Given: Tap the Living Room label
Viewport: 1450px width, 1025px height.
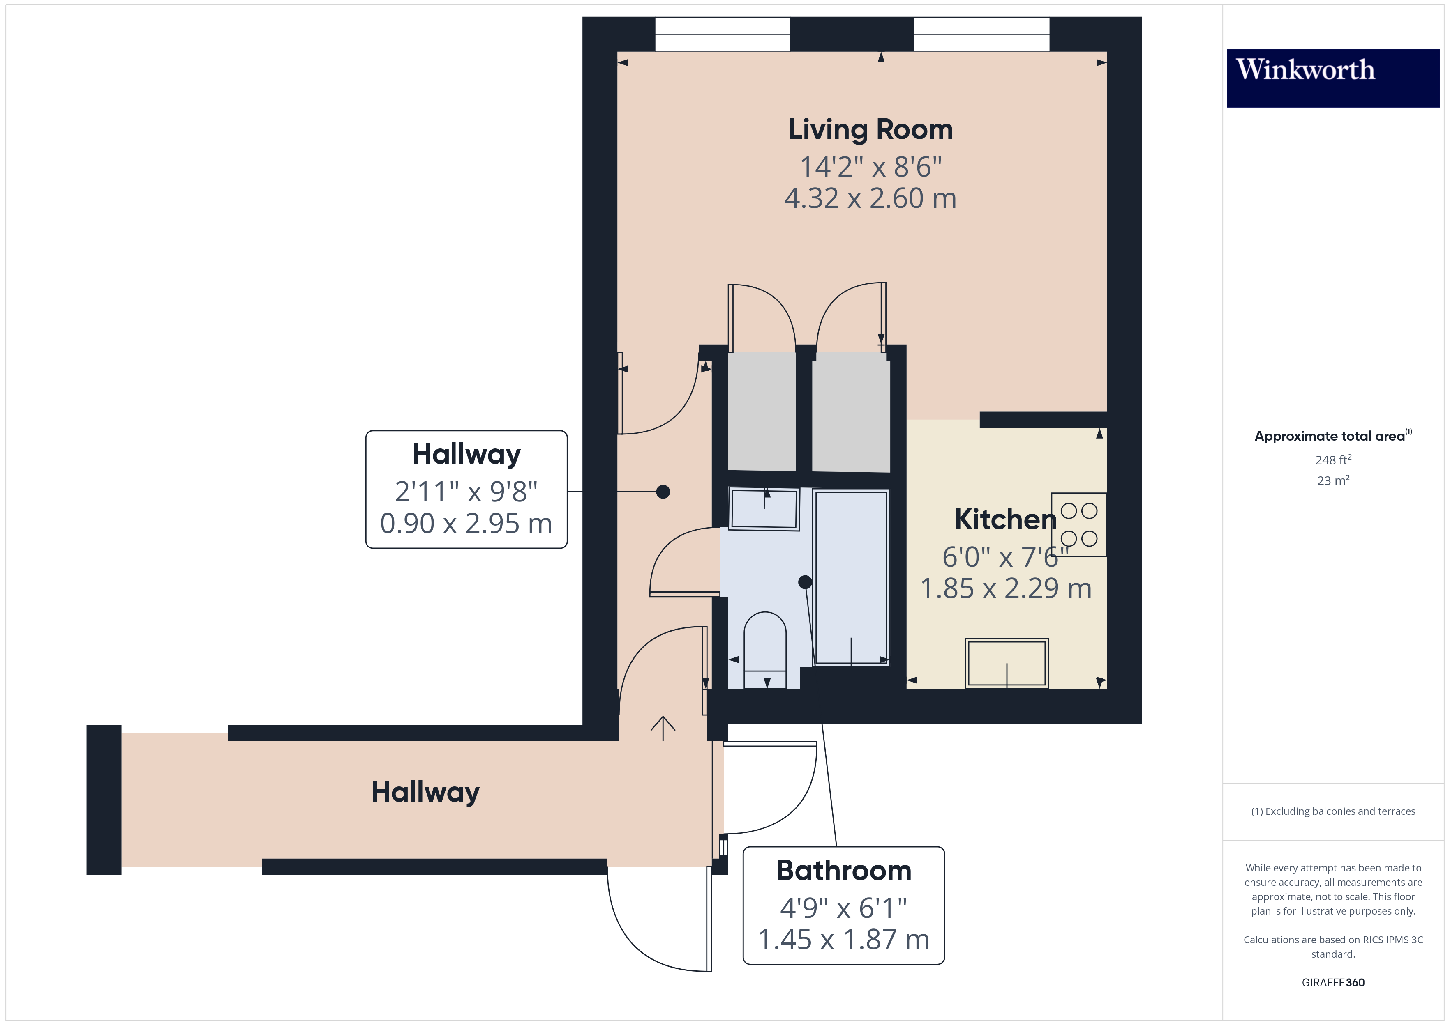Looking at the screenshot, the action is tap(870, 129).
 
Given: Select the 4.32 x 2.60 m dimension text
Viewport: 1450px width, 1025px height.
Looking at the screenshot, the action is tap(870, 198).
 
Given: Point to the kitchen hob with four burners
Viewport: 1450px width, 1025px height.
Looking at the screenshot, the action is tap(1078, 524).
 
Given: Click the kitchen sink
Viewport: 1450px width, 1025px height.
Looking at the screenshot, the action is tap(1007, 663).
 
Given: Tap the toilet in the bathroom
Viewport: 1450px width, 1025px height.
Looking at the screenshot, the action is tap(765, 650).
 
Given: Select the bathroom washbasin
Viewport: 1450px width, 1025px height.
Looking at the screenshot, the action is tap(764, 508).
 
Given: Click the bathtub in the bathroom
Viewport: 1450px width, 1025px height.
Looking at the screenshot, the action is tap(851, 577).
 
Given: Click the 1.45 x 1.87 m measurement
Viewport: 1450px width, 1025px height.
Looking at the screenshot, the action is tap(844, 939).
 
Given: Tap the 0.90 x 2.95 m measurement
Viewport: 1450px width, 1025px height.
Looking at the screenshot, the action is tap(466, 523).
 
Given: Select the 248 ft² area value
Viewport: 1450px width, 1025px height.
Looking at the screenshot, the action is tap(1333, 460).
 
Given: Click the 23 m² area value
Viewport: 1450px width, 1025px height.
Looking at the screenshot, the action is tap(1333, 480).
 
